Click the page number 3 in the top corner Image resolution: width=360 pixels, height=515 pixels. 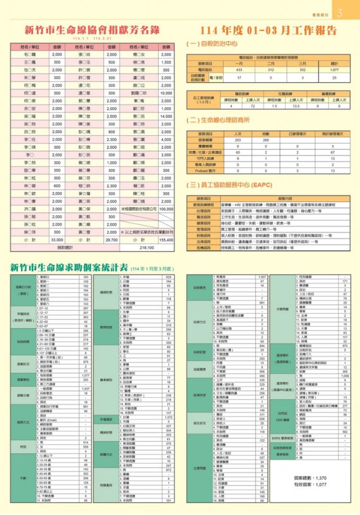pyautogui.click(x=339, y=13)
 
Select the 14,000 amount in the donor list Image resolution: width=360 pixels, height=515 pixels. pyautogui.click(x=166, y=116)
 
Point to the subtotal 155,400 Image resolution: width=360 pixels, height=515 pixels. pyautogui.click(x=166, y=239)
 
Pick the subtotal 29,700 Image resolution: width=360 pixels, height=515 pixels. pyautogui.click(x=111, y=239)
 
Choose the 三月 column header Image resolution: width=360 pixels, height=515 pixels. pyautogui.click(x=302, y=63)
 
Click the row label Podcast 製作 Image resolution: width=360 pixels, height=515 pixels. pyautogui.click(x=205, y=171)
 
